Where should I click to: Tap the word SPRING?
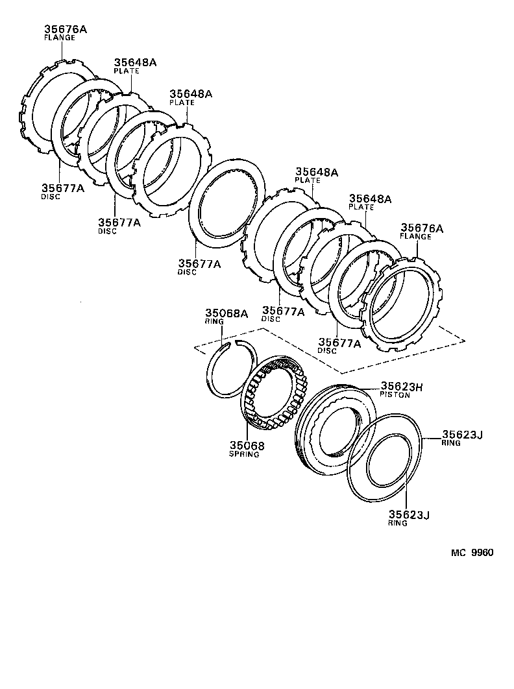click(243, 455)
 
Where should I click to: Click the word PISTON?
click(395, 395)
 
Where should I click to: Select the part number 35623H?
click(401, 386)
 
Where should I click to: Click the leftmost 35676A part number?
click(66, 29)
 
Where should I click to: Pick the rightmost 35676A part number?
click(421, 228)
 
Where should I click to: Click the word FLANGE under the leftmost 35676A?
click(60, 38)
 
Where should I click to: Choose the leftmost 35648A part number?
click(135, 62)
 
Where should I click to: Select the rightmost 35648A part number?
click(370, 199)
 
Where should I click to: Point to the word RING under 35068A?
click(214, 321)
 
